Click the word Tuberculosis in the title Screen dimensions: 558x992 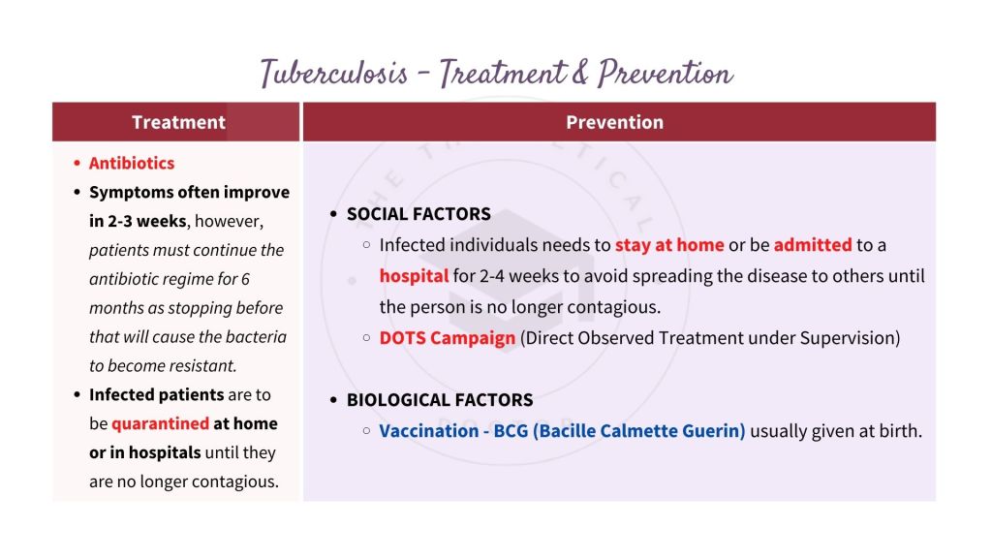click(333, 74)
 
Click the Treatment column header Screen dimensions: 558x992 click(178, 122)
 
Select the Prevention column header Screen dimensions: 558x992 click(614, 122)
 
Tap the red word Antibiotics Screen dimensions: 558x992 click(132, 163)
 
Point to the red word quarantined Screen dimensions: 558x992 click(160, 423)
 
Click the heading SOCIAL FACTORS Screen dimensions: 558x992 click(418, 214)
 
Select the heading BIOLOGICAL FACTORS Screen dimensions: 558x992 click(440, 400)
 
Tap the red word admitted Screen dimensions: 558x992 click(812, 245)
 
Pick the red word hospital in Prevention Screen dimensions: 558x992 click(414, 276)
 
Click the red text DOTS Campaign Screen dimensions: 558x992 click(447, 338)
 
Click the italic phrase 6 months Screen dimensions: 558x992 click(183, 294)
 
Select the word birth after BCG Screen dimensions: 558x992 click(899, 431)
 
